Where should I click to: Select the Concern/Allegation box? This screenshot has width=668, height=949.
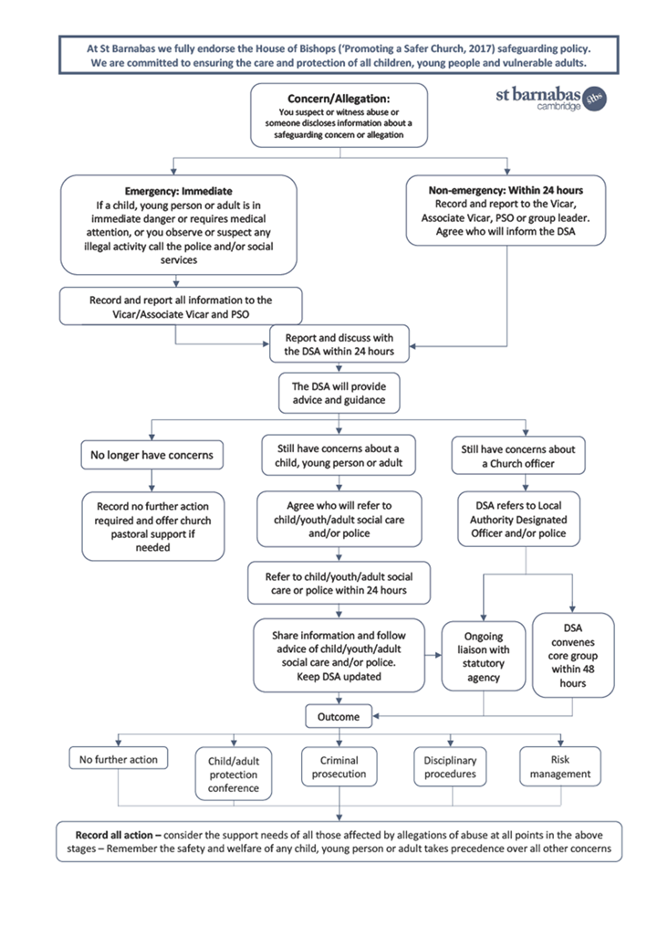[339, 115]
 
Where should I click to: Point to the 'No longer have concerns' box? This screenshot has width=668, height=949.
[151, 456]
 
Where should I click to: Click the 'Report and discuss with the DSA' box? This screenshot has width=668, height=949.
[339, 344]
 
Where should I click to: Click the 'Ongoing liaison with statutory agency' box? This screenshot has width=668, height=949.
[483, 656]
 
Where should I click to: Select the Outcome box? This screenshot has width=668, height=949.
[339, 717]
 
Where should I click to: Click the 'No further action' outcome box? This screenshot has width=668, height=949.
[119, 759]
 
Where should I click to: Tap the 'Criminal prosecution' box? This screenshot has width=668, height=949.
[339, 767]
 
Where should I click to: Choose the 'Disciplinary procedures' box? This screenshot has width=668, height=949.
[451, 767]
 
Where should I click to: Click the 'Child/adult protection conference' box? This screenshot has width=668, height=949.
[234, 774]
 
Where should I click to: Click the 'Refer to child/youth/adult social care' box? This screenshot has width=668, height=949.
[339, 583]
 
